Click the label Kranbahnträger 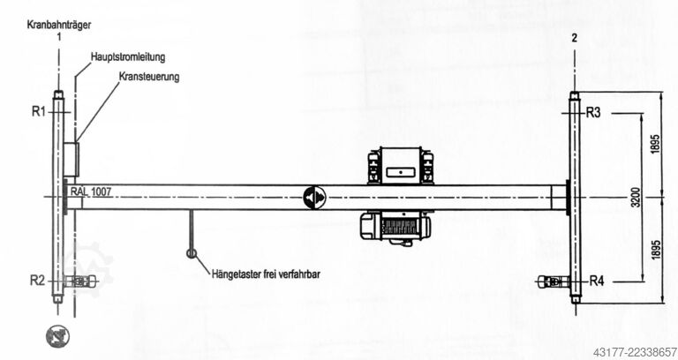(x=59, y=25)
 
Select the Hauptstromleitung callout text (x=128, y=56)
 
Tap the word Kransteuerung (x=149, y=77)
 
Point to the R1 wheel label (x=39, y=111)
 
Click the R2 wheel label (x=37, y=281)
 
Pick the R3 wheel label (x=593, y=113)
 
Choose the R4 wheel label (x=597, y=281)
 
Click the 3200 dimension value (x=636, y=197)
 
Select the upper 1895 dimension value (x=656, y=145)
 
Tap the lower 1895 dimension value (x=656, y=250)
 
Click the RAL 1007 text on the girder (x=91, y=191)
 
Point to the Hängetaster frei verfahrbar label (x=266, y=274)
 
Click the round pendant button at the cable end (x=192, y=253)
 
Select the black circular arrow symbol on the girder (x=314, y=198)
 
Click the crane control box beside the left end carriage (x=72, y=160)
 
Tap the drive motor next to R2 (x=81, y=281)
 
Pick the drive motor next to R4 (x=554, y=282)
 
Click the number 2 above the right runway (x=574, y=38)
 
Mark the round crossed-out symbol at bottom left (x=57, y=336)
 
